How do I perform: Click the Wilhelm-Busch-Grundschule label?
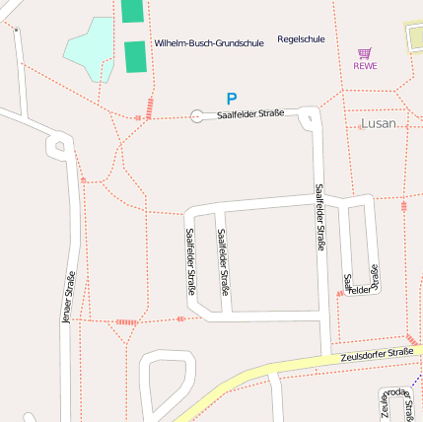click(x=208, y=43)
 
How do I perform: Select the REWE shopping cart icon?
click(x=365, y=53)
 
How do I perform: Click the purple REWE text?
click(x=365, y=66)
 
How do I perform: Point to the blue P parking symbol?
click(x=232, y=99)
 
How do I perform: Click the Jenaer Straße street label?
click(x=68, y=297)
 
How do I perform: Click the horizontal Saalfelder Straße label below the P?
click(x=250, y=114)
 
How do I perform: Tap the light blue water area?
click(x=94, y=47)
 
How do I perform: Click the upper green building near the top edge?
click(x=132, y=10)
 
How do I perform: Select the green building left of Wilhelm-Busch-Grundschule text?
click(x=135, y=55)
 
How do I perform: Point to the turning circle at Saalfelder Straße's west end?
click(x=195, y=116)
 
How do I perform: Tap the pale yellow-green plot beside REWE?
click(x=415, y=38)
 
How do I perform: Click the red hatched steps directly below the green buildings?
click(x=149, y=107)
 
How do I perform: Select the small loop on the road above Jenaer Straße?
click(x=60, y=147)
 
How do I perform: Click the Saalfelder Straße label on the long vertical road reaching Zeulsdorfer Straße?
click(x=319, y=217)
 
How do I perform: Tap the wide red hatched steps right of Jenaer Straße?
click(x=126, y=321)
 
